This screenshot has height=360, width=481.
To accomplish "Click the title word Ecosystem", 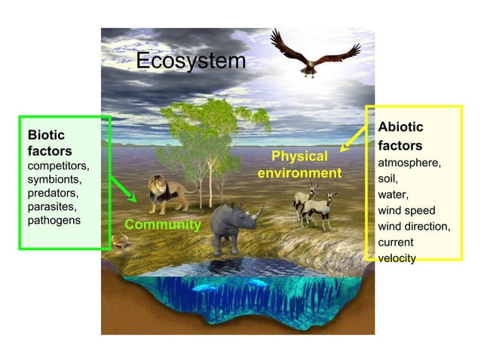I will (x=190, y=61).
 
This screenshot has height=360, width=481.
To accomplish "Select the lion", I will (x=167, y=194).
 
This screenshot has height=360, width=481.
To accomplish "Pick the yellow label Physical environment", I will (x=299, y=165).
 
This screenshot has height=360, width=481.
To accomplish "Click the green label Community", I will (x=163, y=224).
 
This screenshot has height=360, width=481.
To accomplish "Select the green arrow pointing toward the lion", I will (x=123, y=188).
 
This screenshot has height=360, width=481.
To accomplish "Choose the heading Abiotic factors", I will (x=400, y=136).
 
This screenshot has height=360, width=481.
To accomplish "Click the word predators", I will (x=52, y=193).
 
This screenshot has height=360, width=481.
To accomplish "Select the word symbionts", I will (x=54, y=179).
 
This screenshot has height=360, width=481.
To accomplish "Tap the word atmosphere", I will (x=409, y=162).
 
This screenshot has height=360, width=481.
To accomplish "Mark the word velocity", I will (x=397, y=258).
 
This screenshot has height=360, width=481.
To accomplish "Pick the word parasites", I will (x=52, y=206).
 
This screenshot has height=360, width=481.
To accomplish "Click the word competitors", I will (x=57, y=166).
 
